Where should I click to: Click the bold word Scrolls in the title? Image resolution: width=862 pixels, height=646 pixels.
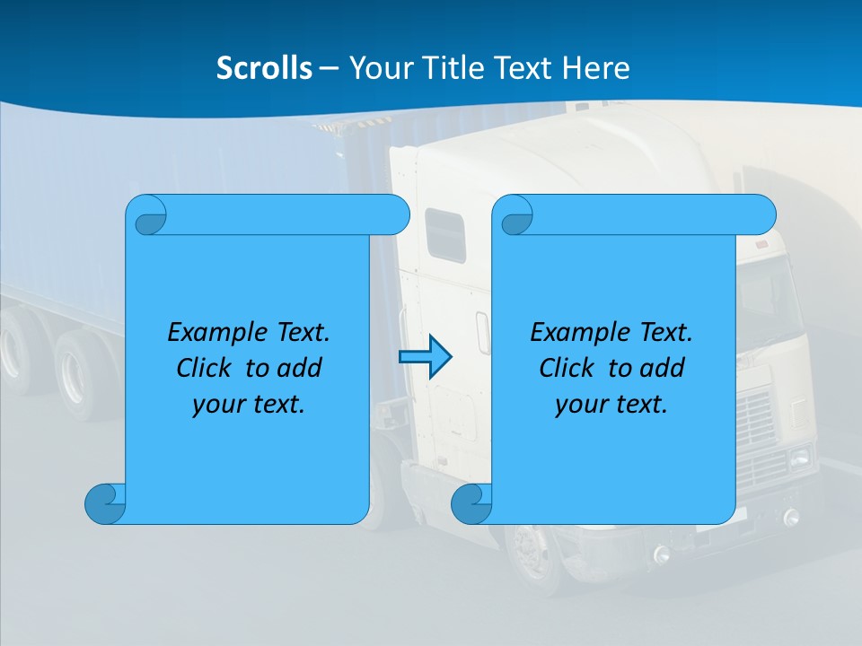click(x=264, y=67)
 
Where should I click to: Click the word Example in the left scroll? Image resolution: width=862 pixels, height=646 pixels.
click(x=214, y=332)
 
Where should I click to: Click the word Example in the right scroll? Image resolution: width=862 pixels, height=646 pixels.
click(x=576, y=332)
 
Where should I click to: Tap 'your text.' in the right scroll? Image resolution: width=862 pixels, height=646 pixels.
click(x=611, y=404)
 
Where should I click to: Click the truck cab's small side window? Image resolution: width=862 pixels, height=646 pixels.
click(x=444, y=235)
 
